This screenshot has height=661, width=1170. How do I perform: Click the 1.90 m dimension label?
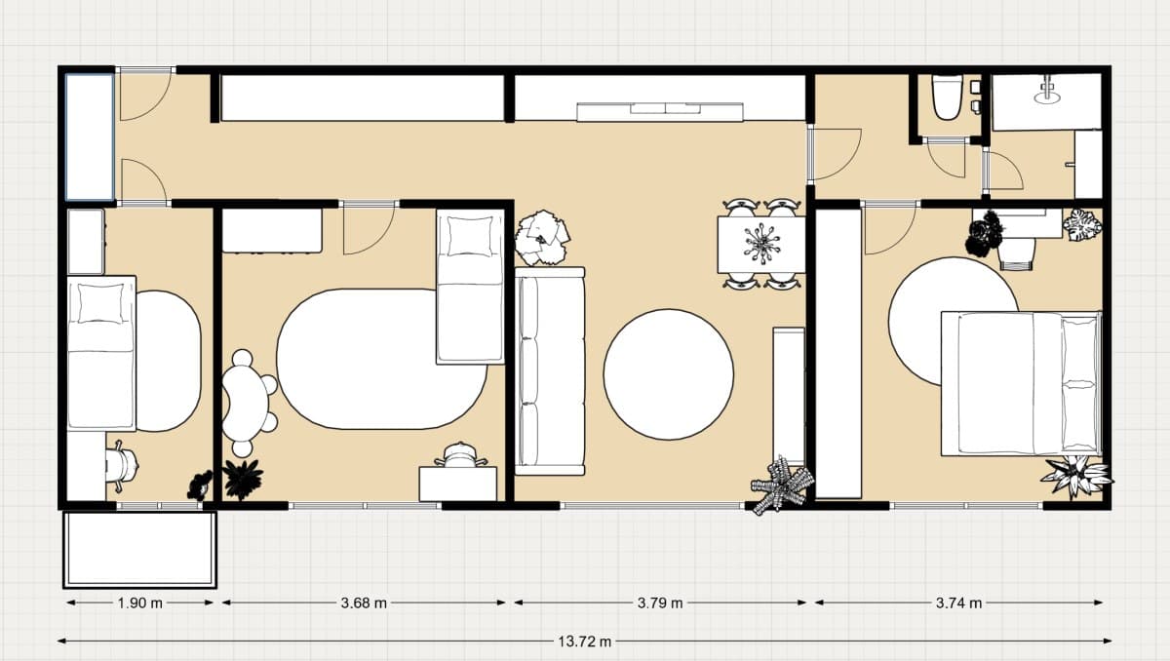[x=139, y=603]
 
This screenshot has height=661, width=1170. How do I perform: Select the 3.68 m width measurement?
[x=364, y=603]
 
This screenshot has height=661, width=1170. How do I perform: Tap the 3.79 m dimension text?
[x=660, y=603]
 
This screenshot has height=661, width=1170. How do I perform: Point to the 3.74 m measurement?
[x=958, y=603]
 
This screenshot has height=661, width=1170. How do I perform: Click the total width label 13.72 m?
[x=584, y=642]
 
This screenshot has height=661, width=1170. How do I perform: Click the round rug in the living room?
[x=669, y=374]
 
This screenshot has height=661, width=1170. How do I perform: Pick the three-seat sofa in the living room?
[x=550, y=371]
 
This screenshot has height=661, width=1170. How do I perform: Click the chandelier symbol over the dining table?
[x=762, y=244]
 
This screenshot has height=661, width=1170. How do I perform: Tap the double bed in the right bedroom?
[x=1021, y=384]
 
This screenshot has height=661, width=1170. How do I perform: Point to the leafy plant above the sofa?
[x=542, y=238]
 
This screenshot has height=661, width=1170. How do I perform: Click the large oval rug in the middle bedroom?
[x=381, y=359]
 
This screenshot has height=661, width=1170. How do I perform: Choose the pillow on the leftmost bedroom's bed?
[x=101, y=303]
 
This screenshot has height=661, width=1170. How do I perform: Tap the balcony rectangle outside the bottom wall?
[x=140, y=549]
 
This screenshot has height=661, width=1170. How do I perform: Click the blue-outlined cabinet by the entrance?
[x=90, y=136]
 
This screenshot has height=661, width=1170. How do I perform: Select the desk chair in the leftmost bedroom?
[x=122, y=466]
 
